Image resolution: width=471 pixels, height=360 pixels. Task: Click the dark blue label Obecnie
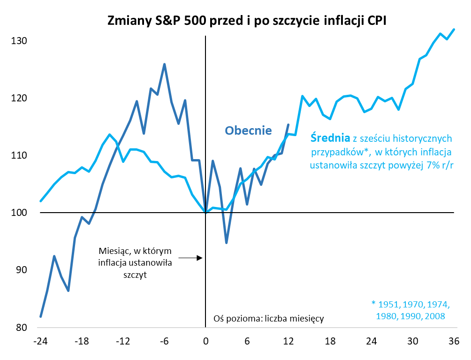[x=248, y=130]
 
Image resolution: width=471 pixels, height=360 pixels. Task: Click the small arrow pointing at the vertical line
[x=190, y=258]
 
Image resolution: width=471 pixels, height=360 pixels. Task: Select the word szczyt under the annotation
[x=135, y=275]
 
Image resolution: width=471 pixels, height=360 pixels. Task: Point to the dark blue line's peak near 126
[x=164, y=64]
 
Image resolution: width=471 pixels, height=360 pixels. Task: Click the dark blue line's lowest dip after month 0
[x=226, y=243]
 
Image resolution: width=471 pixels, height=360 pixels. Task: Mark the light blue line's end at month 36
[x=454, y=30]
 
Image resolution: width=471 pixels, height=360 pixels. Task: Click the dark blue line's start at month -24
[x=41, y=316]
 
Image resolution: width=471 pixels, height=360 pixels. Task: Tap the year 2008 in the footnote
[x=434, y=316]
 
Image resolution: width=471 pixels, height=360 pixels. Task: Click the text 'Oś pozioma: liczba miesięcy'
[x=268, y=319]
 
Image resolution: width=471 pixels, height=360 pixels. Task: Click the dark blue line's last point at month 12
[x=288, y=124]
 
